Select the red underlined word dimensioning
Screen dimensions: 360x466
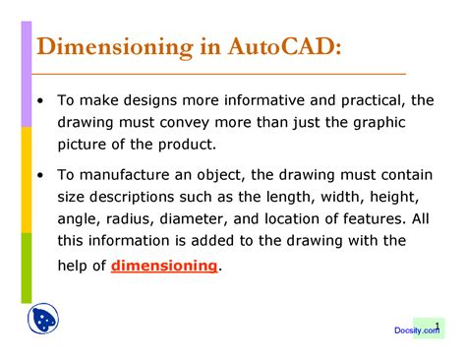(164, 266)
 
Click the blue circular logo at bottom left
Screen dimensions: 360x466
(40, 319)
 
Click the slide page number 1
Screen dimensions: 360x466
(437, 324)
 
